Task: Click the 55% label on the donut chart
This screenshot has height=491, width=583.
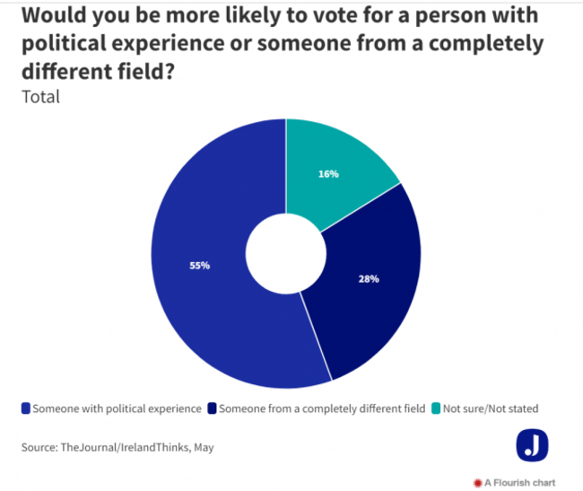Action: coord(200,266)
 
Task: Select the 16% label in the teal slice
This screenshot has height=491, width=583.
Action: coord(328,173)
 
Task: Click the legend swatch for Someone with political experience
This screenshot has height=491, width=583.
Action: coord(25,408)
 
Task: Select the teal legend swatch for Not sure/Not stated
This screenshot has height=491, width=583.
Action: coord(437,408)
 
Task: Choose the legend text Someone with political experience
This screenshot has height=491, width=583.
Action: coord(117,408)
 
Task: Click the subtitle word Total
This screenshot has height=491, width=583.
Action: coord(40,97)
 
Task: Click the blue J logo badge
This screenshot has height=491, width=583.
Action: coord(532,445)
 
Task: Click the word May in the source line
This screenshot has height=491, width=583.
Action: coord(203,446)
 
